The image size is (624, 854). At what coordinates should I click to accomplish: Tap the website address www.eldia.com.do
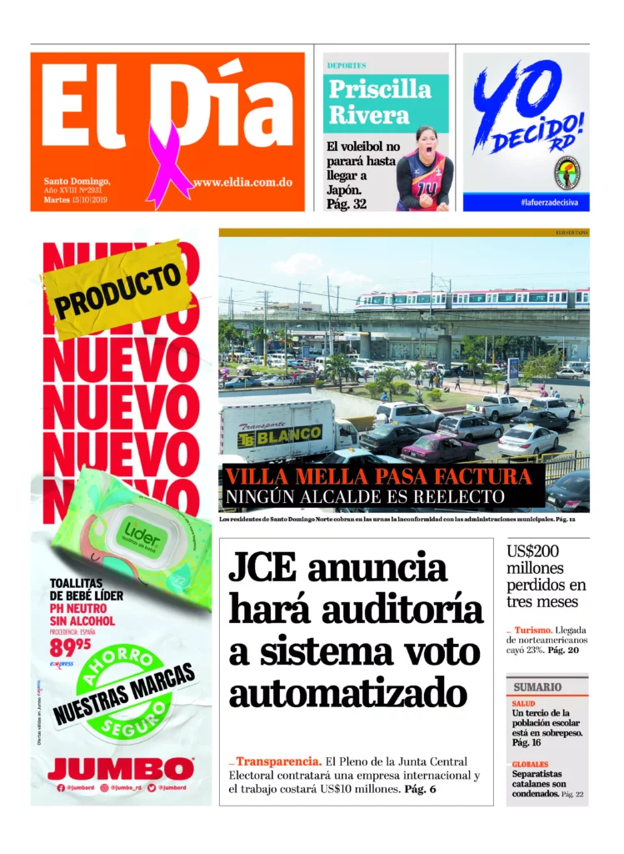(242, 183)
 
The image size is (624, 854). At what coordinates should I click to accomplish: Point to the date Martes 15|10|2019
(82, 200)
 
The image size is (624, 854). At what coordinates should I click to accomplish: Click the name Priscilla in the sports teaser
(380, 89)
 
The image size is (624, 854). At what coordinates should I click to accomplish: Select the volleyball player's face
(424, 144)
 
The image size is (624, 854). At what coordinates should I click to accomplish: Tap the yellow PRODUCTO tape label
(117, 289)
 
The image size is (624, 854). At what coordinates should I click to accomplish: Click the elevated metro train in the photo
(472, 299)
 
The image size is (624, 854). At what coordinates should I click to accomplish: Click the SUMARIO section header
(537, 686)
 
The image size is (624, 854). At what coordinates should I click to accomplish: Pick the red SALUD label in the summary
(525, 704)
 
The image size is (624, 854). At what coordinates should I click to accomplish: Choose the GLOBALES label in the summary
(530, 764)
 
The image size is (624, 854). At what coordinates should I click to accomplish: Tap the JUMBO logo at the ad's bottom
(121, 768)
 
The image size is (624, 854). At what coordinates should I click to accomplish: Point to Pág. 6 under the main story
(421, 789)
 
